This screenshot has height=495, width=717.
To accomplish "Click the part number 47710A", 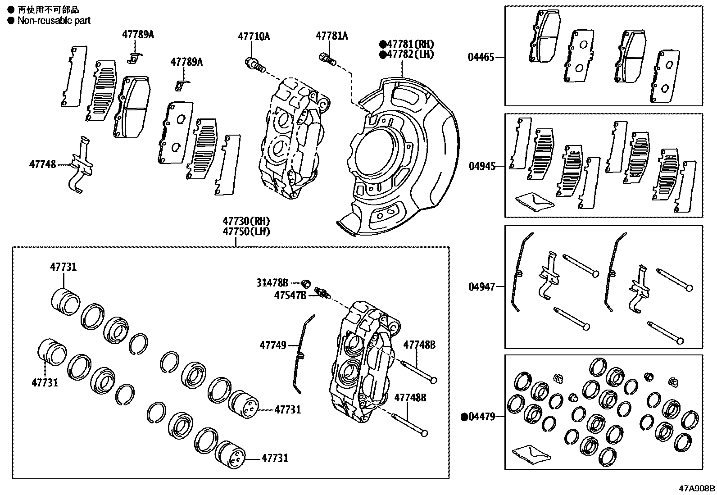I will click(x=254, y=36).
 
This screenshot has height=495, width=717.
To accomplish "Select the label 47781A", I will click(x=331, y=36).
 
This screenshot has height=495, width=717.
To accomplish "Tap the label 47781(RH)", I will click(x=410, y=44).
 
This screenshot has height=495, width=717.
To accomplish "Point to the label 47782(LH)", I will click(x=410, y=54).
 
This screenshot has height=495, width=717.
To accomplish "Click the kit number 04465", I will click(x=481, y=57).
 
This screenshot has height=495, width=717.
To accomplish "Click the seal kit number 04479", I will click(x=481, y=417).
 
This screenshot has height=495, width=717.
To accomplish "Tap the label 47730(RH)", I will click(x=246, y=222).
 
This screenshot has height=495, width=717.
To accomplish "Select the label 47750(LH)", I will click(x=246, y=232).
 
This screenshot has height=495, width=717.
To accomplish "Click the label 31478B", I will click(x=272, y=283).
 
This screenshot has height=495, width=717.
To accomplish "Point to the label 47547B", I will click(x=290, y=295).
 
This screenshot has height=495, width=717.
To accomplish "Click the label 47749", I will click(x=272, y=345).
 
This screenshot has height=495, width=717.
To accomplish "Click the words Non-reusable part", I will click(x=54, y=21).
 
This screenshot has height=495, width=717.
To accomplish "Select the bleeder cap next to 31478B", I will click(x=306, y=283).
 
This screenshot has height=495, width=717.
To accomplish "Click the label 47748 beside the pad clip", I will click(x=43, y=164).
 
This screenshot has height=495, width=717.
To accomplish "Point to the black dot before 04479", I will click(x=463, y=417).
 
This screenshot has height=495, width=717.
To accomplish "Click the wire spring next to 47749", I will click(x=301, y=351).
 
